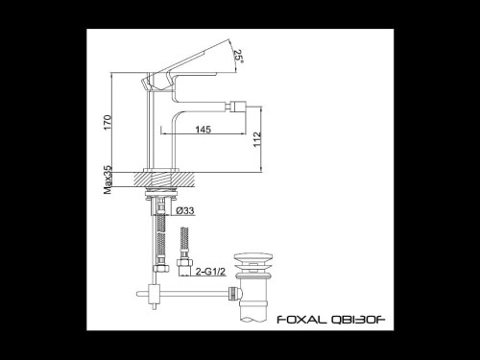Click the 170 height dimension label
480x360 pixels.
108,123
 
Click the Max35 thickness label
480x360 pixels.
108,179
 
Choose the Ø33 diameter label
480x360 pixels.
187,210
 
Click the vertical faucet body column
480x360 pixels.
158,134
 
